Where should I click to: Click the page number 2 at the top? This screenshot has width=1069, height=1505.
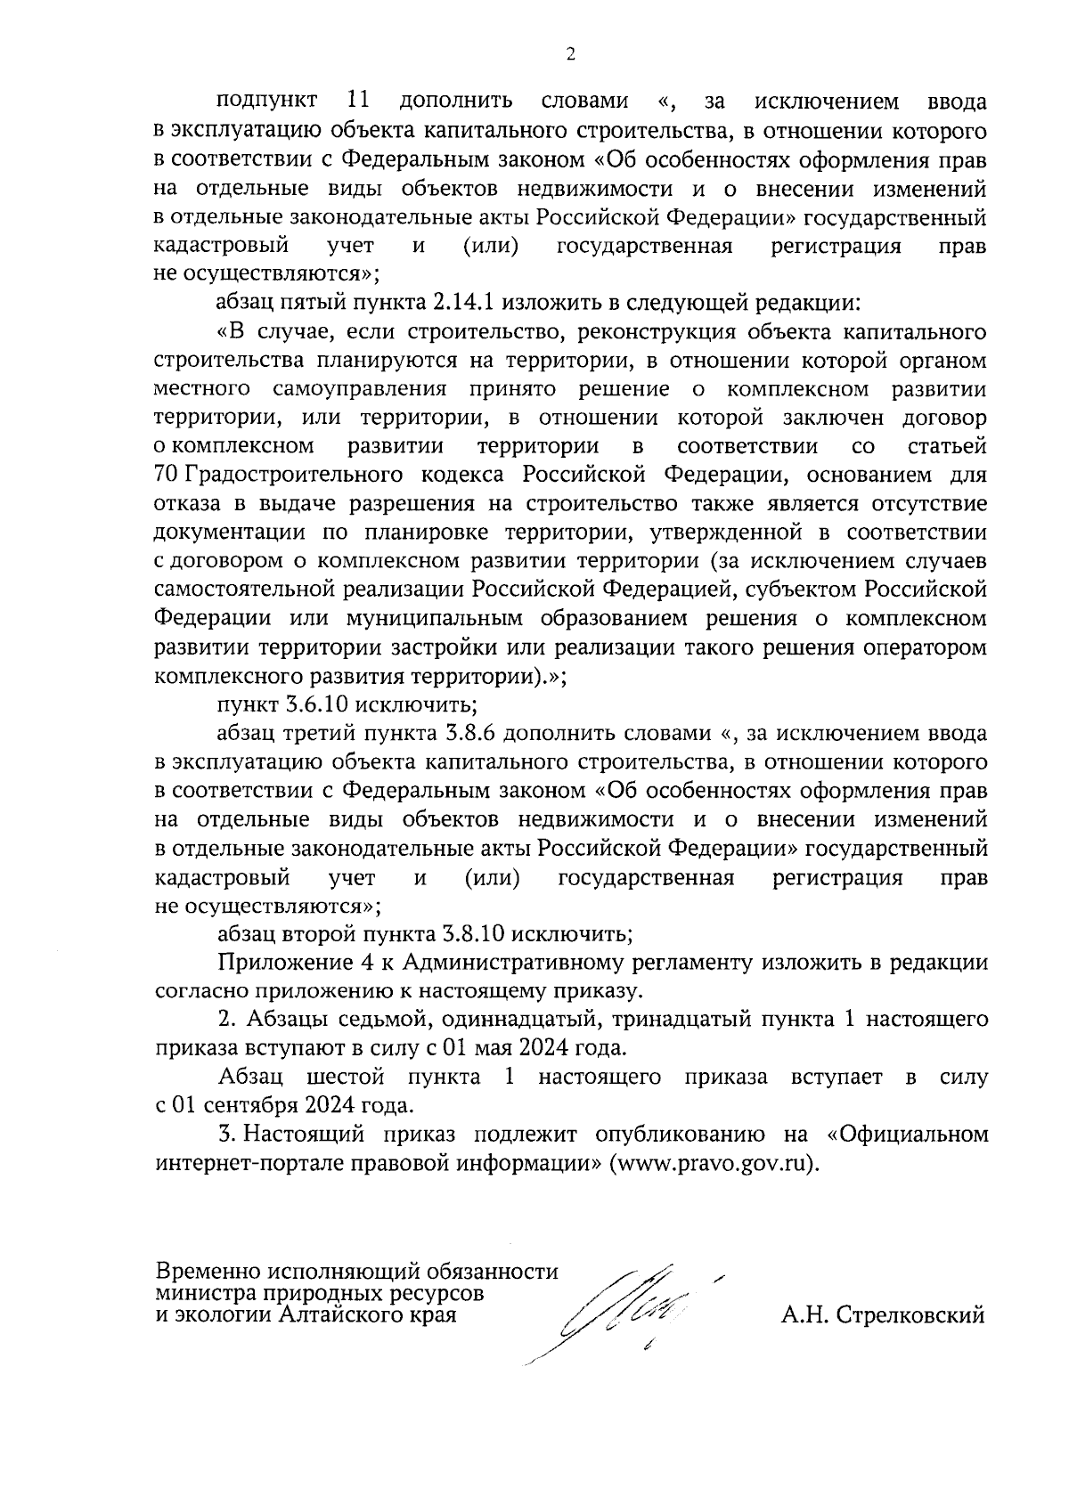570,55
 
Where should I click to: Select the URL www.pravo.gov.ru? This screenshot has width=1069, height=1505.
710,1165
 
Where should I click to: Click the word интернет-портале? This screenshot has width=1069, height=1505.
248,1165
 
